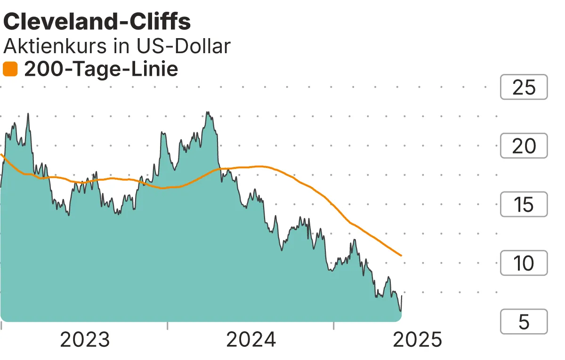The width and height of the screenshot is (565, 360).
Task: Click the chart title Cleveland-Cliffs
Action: (97, 22)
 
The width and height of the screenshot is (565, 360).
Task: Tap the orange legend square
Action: (10, 70)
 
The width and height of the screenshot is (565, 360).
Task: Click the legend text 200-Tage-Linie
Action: (101, 70)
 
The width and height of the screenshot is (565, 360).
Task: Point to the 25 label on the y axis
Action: (524, 87)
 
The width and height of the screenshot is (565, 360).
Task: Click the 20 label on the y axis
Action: (524, 146)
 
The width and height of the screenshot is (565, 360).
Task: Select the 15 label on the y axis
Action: (524, 204)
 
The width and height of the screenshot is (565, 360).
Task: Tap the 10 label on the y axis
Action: (524, 263)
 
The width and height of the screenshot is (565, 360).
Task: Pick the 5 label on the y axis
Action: (524, 321)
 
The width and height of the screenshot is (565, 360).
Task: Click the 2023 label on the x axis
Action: (85, 339)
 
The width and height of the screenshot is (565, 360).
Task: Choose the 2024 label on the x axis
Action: (251, 339)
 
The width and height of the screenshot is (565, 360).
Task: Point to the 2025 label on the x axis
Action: (417, 339)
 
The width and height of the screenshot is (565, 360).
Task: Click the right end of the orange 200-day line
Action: (401, 256)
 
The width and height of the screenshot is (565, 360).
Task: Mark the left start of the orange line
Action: (1, 154)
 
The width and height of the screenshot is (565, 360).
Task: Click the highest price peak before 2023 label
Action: (28, 113)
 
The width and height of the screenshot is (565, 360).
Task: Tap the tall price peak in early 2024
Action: (208, 112)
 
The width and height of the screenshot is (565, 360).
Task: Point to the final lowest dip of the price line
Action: (400, 311)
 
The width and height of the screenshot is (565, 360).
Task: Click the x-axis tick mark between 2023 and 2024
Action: (168, 325)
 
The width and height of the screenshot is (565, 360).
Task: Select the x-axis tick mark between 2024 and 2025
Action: (333, 325)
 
